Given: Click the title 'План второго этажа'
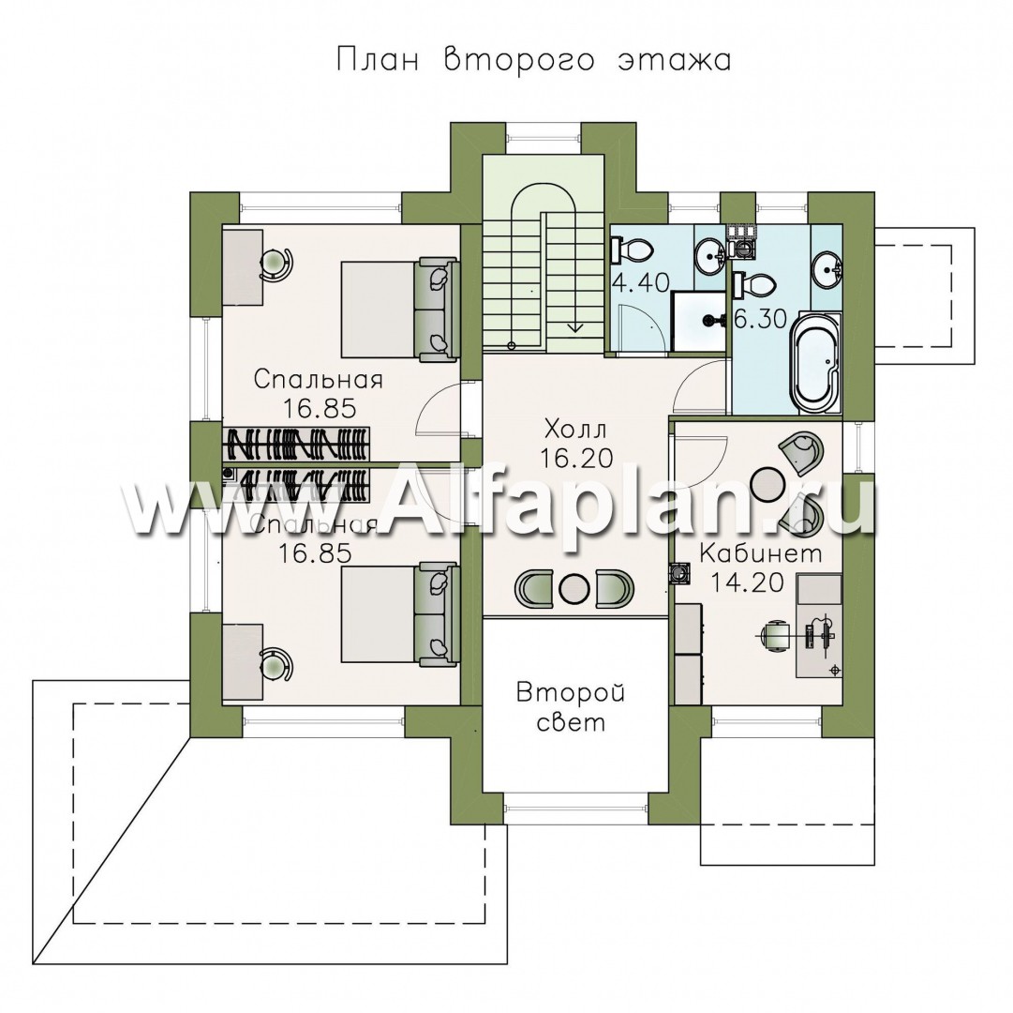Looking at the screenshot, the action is [x=533, y=60].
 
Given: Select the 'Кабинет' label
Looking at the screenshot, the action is [x=760, y=553].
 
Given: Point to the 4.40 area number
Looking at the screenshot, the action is [x=640, y=282].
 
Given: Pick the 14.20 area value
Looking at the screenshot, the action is [x=747, y=582].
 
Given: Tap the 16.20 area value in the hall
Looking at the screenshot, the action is [x=575, y=458].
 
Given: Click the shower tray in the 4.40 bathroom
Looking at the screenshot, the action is [x=698, y=322].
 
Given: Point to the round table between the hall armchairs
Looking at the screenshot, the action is [x=573, y=587].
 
